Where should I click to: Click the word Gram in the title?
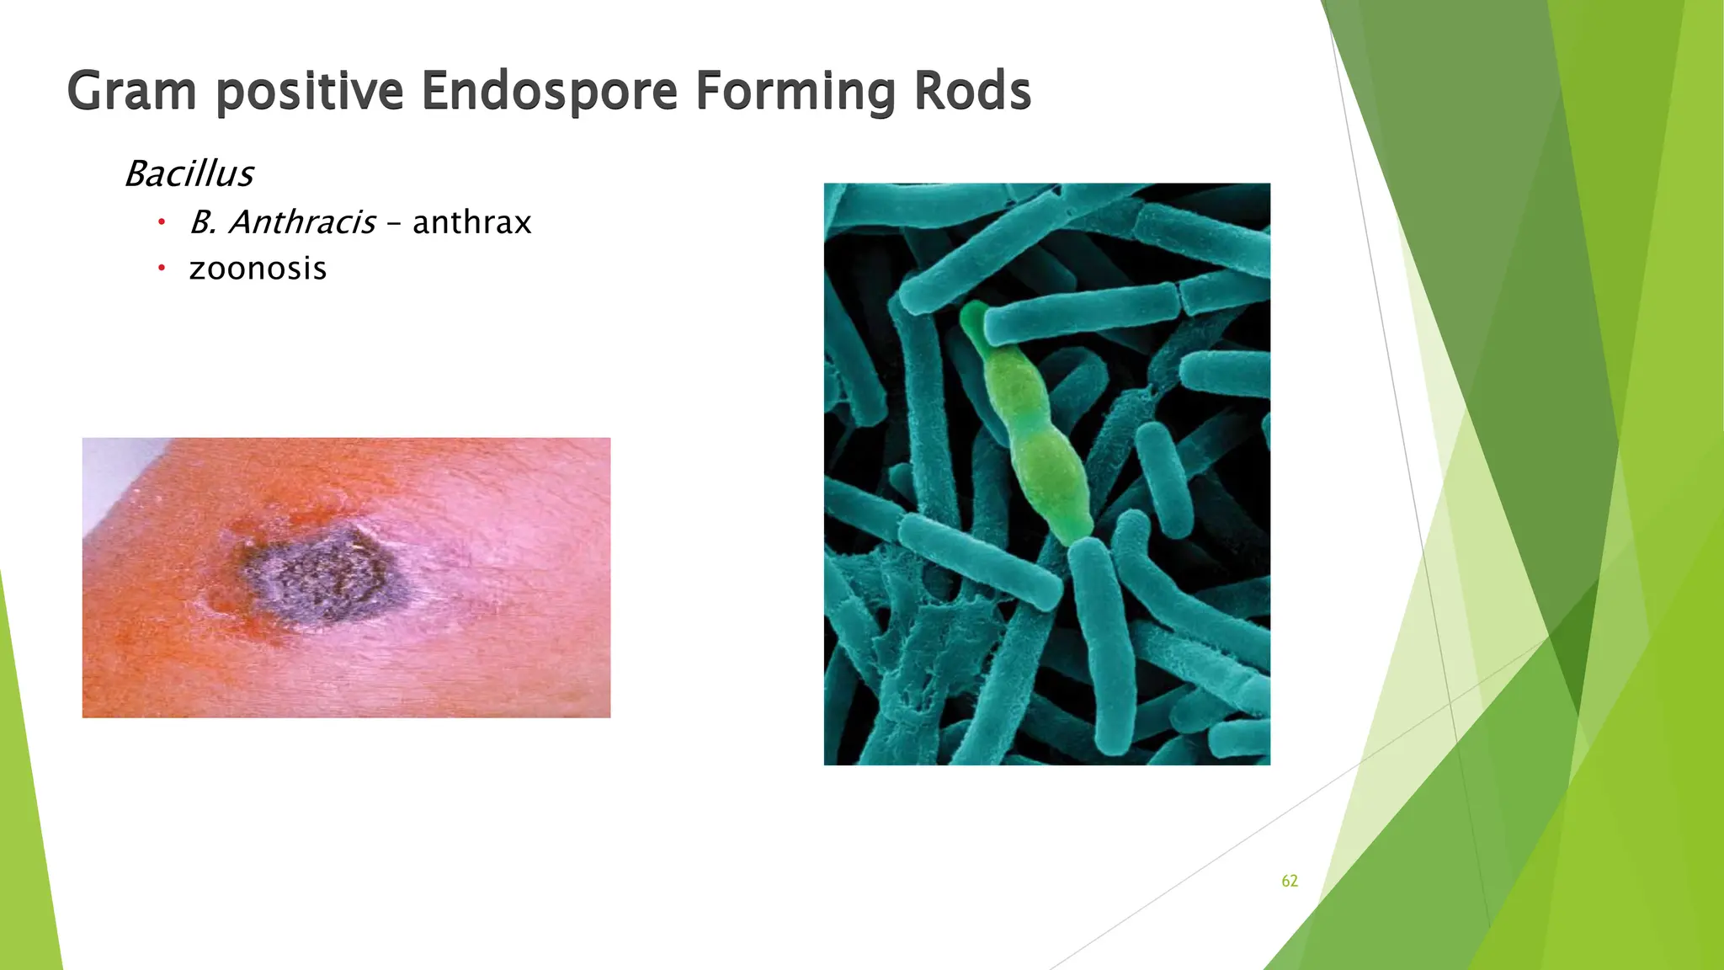click(131, 91)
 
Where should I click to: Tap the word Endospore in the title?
click(549, 91)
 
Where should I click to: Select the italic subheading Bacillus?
click(189, 173)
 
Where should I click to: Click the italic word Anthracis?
click(302, 222)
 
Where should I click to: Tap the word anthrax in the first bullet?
click(471, 222)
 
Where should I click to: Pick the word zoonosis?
click(258, 269)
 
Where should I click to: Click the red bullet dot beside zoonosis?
click(161, 269)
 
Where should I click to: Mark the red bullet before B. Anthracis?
click(161, 222)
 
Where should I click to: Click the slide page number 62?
click(1289, 881)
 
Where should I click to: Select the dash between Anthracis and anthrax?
click(394, 224)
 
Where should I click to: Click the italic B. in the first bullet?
click(203, 222)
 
